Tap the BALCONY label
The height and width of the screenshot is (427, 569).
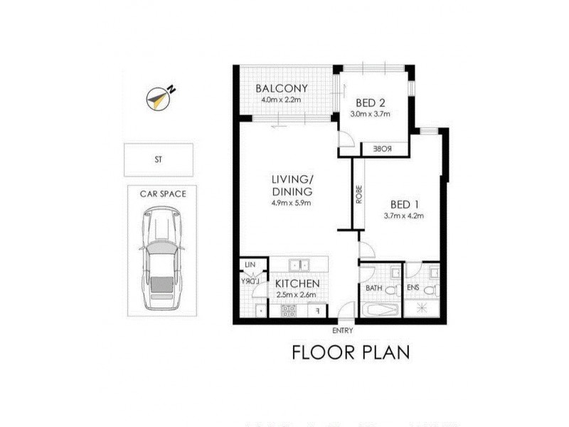(x=282, y=88)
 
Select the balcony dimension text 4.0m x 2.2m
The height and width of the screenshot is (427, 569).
(x=282, y=100)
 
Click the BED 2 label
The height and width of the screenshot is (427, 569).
(x=371, y=102)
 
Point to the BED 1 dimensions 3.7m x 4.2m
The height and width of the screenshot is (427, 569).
(x=403, y=216)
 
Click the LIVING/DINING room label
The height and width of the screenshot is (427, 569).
(x=292, y=185)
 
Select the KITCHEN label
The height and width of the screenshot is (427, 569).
(x=297, y=283)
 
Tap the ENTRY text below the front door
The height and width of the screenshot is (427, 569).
(x=342, y=331)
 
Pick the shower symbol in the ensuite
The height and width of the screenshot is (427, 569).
(x=422, y=308)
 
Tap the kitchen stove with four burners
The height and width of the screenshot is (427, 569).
(x=289, y=310)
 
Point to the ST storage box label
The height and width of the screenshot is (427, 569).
(x=158, y=160)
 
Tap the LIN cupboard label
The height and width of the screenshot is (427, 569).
(x=250, y=265)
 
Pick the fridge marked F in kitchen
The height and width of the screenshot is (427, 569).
(x=317, y=310)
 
